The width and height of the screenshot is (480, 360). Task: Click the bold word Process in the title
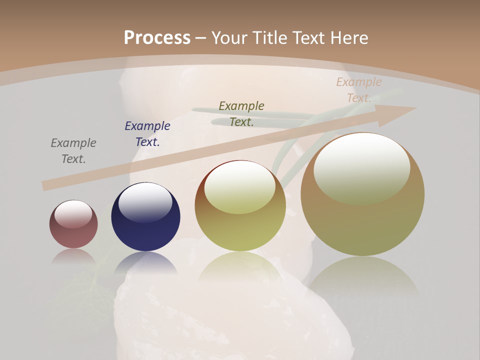[157, 38]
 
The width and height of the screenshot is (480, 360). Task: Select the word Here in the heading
[350, 38]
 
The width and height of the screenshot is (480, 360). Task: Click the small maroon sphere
[73, 224]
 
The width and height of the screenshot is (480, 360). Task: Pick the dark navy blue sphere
[145, 217]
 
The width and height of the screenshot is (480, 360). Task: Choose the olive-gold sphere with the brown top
[240, 206]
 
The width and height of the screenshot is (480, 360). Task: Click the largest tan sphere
[362, 194]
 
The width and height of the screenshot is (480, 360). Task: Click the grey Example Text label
[73, 151]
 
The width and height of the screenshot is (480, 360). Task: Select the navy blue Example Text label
[147, 134]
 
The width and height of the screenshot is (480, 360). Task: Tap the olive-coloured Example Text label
[241, 114]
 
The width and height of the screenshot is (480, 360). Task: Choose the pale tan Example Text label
[359, 90]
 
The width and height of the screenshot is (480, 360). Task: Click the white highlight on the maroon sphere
[73, 214]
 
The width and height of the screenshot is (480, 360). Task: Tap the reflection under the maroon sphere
[73, 256]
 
